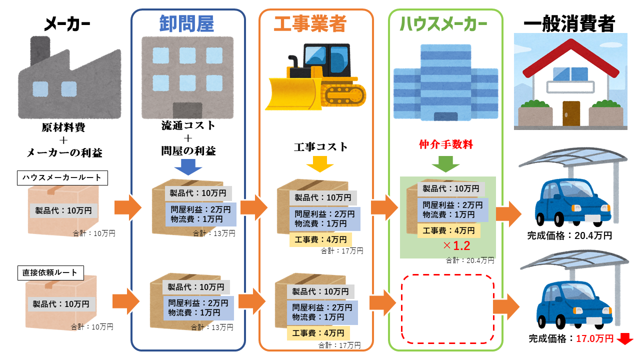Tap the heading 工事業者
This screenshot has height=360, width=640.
[x=309, y=23]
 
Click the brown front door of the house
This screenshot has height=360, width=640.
[x=570, y=114]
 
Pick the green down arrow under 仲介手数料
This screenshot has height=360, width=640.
[x=445, y=164]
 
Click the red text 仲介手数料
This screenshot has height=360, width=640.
[x=445, y=145]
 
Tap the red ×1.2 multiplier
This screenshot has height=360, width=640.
[x=456, y=245]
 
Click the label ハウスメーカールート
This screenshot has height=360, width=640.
[x=62, y=177]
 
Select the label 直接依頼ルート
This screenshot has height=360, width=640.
[x=50, y=273]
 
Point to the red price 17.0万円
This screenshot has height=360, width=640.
[x=594, y=338]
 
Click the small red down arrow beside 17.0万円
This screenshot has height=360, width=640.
[x=625, y=339]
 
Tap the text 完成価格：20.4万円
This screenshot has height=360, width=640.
[x=569, y=235]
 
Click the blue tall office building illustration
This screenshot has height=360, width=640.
[x=445, y=82]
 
